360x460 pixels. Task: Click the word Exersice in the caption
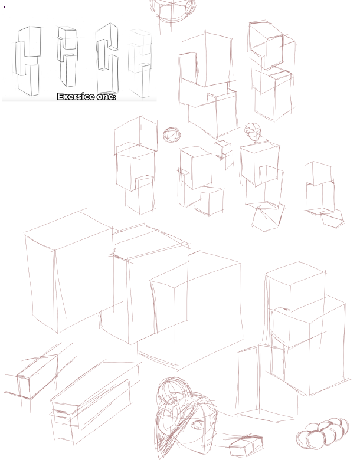click(76, 97)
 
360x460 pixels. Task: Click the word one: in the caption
click(106, 97)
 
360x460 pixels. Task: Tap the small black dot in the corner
click(5, 6)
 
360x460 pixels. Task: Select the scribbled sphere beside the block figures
click(172, 135)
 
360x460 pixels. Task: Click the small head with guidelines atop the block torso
click(253, 132)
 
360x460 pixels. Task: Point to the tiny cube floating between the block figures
click(222, 149)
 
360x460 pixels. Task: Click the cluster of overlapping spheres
click(322, 433)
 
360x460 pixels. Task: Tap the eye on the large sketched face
click(197, 424)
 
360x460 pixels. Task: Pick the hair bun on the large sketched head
click(174, 390)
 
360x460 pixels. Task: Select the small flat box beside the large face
click(246, 445)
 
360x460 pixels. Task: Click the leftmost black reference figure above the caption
click(27, 61)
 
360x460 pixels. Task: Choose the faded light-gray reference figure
click(140, 63)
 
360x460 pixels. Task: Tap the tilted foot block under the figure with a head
click(268, 218)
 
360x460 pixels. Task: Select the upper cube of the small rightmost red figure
click(319, 173)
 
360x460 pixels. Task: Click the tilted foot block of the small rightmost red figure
click(332, 219)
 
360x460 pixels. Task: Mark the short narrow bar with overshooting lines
click(37, 376)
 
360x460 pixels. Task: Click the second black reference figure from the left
click(67, 57)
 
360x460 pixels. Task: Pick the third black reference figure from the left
click(107, 58)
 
